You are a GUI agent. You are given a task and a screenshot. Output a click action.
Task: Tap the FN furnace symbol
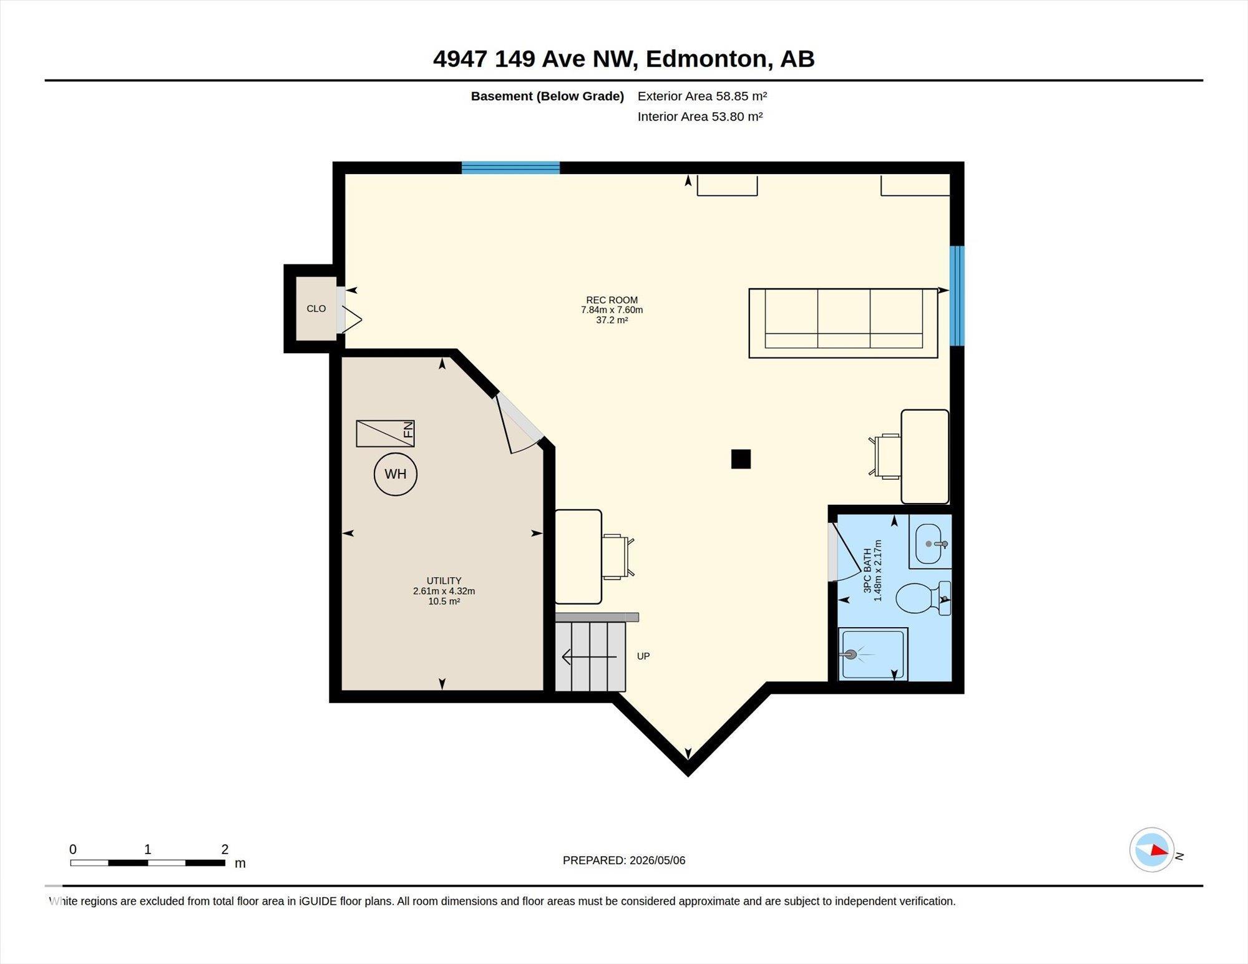[385, 434]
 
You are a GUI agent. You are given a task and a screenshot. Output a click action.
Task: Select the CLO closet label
[316, 309]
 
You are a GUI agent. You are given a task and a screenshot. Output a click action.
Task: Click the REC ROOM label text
[612, 300]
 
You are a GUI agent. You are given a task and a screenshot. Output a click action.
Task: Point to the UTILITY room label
[444, 581]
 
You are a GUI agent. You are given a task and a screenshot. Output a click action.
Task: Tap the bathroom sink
[930, 542]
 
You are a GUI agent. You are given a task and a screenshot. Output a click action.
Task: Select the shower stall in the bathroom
[872, 654]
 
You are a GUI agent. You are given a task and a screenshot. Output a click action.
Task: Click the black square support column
[741, 459]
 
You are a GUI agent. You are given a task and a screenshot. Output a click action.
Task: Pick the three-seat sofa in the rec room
[843, 323]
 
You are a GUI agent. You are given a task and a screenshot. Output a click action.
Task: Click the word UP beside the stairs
[643, 656]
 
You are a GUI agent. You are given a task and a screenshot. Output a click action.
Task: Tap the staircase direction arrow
[589, 657]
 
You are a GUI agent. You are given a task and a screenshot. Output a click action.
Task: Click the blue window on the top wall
[510, 167]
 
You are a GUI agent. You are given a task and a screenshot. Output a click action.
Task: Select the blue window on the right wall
[957, 296]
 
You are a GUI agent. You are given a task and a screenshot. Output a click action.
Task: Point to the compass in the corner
[1152, 850]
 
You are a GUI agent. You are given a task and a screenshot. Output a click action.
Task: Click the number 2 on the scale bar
[225, 849]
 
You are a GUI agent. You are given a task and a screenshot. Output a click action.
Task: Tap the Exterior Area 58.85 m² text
[702, 96]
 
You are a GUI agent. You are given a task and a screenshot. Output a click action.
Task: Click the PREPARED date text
[624, 860]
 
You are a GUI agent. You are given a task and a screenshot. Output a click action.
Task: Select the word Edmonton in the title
[706, 59]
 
